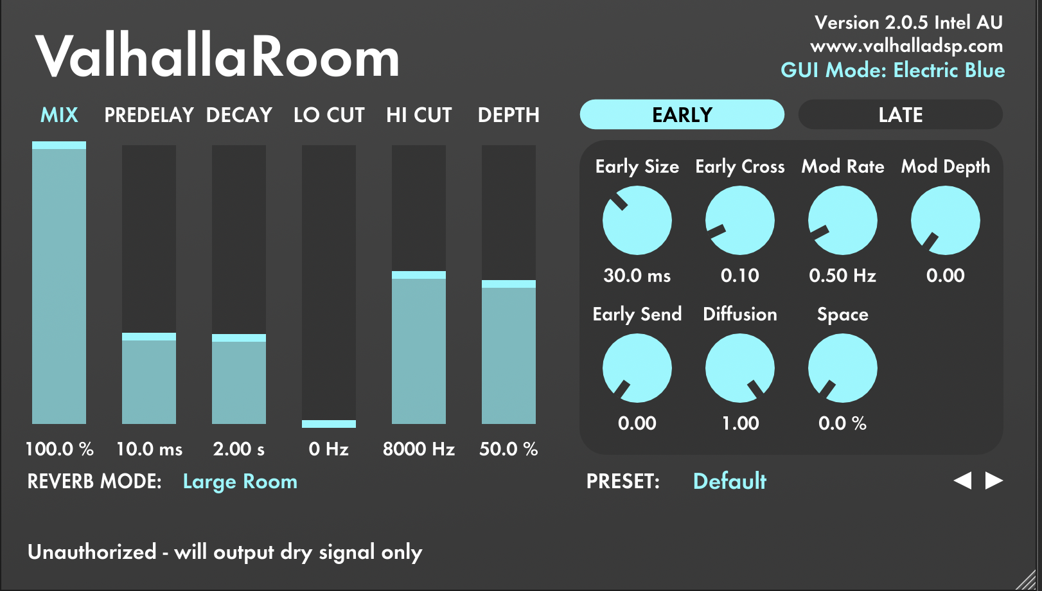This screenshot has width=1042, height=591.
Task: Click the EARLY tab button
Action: tap(682, 114)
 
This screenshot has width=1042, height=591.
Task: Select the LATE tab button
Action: tap(901, 114)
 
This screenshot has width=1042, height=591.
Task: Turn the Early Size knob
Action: tap(637, 220)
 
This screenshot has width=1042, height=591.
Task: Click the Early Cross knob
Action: tap(740, 220)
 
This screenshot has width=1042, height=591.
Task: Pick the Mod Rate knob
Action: tap(843, 220)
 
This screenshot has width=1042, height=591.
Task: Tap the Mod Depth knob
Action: tap(946, 220)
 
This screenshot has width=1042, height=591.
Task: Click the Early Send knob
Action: tap(637, 368)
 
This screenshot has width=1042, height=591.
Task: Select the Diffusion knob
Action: tap(740, 368)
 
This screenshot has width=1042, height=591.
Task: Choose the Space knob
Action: tap(843, 368)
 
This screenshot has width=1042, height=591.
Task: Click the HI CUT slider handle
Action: tap(419, 275)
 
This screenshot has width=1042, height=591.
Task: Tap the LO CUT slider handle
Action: tap(329, 423)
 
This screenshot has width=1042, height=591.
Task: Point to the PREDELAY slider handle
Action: tap(149, 337)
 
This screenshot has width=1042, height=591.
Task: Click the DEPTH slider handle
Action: tap(508, 284)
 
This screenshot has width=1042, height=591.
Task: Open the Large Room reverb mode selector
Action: tap(240, 482)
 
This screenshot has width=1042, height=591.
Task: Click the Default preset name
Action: tap(729, 481)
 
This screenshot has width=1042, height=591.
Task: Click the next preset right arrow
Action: tap(994, 481)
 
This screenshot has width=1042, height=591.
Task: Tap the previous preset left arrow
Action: tap(962, 481)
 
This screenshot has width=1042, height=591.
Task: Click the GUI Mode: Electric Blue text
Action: tap(893, 70)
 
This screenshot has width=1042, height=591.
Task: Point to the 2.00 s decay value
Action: tap(238, 449)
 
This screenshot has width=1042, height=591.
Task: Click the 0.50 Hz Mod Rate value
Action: tap(842, 276)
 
